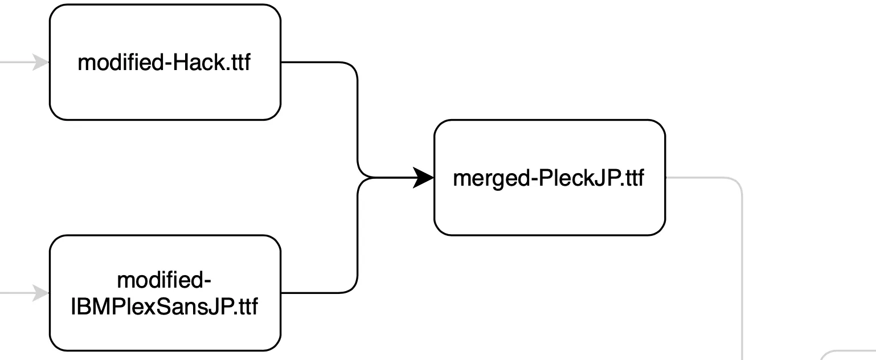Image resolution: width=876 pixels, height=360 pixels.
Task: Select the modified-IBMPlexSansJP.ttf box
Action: (x=165, y=330)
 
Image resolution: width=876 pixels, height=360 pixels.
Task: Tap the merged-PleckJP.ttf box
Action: (x=549, y=211)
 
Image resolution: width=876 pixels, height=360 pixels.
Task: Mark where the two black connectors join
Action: (x=370, y=178)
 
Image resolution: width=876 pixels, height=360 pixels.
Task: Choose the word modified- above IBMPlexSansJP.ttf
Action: (x=165, y=281)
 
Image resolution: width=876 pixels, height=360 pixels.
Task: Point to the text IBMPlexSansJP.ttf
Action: (x=165, y=307)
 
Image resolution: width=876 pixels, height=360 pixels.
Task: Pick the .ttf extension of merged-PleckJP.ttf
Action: (x=632, y=178)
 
